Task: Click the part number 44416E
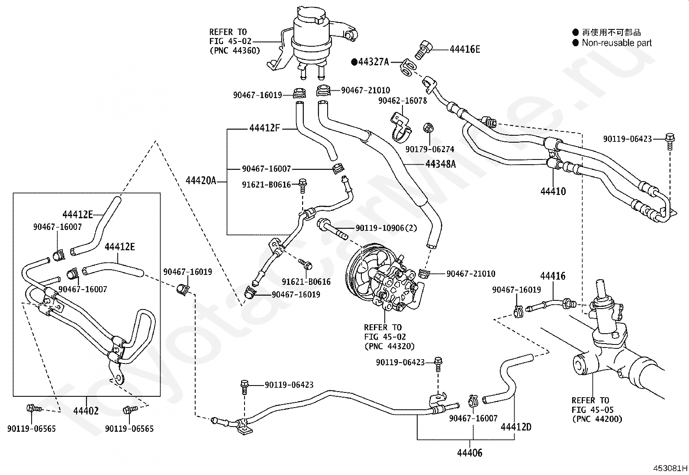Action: [465, 49]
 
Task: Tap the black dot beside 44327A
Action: [354, 62]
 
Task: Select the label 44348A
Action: [441, 164]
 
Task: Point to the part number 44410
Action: [553, 191]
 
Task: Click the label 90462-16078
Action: [402, 101]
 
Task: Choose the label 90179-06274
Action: [430, 149]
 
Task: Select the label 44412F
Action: [264, 128]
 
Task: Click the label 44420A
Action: [201, 180]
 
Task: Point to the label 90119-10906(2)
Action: [386, 228]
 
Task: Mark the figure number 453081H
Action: [670, 468]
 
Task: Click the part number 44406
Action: [470, 453]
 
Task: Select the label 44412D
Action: [516, 427]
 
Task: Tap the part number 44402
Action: [86, 411]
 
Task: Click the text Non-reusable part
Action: [617, 43]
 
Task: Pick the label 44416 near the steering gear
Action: [553, 276]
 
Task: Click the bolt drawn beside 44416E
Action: [424, 50]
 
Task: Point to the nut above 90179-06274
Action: [428, 128]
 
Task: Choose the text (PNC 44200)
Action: [597, 419]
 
